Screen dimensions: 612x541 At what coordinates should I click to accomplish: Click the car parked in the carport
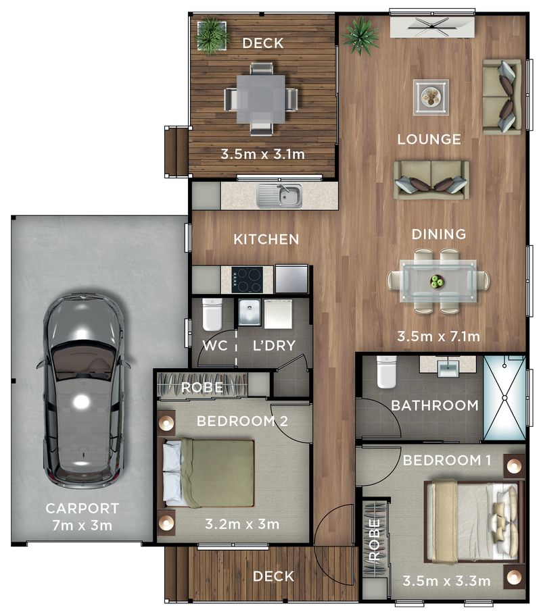point(83,390)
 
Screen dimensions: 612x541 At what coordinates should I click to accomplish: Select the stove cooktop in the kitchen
point(247,278)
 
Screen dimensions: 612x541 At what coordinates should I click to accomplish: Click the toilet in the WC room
point(212,314)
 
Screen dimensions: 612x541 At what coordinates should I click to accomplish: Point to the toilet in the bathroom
point(386,372)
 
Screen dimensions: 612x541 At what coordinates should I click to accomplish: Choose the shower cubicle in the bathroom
point(504,399)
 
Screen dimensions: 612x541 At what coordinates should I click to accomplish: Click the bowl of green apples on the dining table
point(437,280)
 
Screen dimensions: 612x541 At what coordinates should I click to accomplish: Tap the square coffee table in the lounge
point(431,96)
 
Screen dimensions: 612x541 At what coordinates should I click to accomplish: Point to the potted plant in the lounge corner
point(360,34)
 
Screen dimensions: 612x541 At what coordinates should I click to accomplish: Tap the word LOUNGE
point(429,140)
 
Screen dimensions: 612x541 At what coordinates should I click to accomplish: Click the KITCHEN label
point(266,239)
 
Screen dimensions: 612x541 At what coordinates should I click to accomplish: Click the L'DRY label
point(274,346)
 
